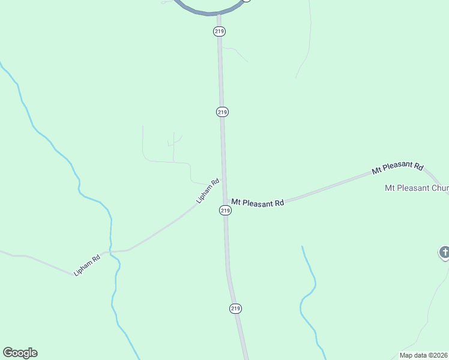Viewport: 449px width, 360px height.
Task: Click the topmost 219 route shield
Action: pos(220,31)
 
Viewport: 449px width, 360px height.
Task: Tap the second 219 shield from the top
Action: pos(222,112)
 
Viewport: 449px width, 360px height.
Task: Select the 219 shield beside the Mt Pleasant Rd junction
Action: pos(224,210)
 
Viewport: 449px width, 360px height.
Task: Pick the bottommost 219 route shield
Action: pos(235,308)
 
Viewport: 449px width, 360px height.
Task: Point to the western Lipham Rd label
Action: pos(86,266)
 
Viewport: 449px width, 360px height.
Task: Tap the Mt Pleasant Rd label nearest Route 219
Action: pos(258,203)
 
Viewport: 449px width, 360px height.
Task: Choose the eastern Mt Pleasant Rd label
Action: pos(397,169)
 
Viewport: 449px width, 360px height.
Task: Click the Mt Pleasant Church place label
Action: pos(416,188)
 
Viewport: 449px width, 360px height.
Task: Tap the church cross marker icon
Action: pos(444,253)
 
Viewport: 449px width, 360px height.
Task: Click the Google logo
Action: pos(20,353)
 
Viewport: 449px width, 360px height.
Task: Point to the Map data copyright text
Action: pos(424,355)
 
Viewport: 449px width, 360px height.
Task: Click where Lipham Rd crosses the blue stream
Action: pos(110,251)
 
